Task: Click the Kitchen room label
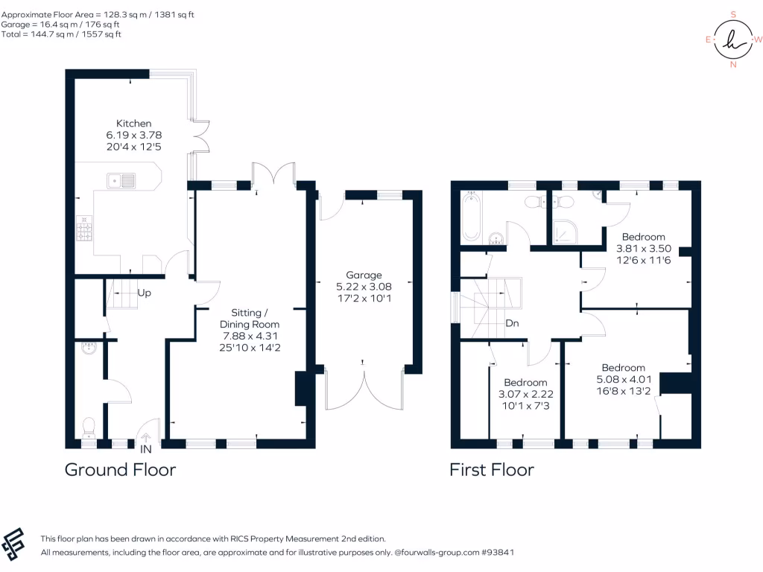[133, 123]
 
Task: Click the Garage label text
[364, 274]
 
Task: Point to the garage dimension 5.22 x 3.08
[364, 286]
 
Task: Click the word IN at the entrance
[145, 449]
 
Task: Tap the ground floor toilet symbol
[88, 426]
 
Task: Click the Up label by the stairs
[145, 293]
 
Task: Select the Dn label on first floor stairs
[512, 323]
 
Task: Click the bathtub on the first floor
[470, 217]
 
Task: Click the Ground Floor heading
[120, 470]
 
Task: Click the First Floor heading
[491, 470]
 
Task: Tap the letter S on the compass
[733, 14]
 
